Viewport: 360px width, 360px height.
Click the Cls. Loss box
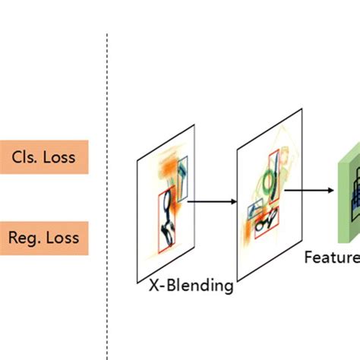pos(43,157)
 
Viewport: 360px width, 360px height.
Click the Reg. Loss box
pos(43,238)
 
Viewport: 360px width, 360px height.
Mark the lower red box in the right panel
pos(266,222)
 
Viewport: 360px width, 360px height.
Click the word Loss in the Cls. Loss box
pos(58,157)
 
